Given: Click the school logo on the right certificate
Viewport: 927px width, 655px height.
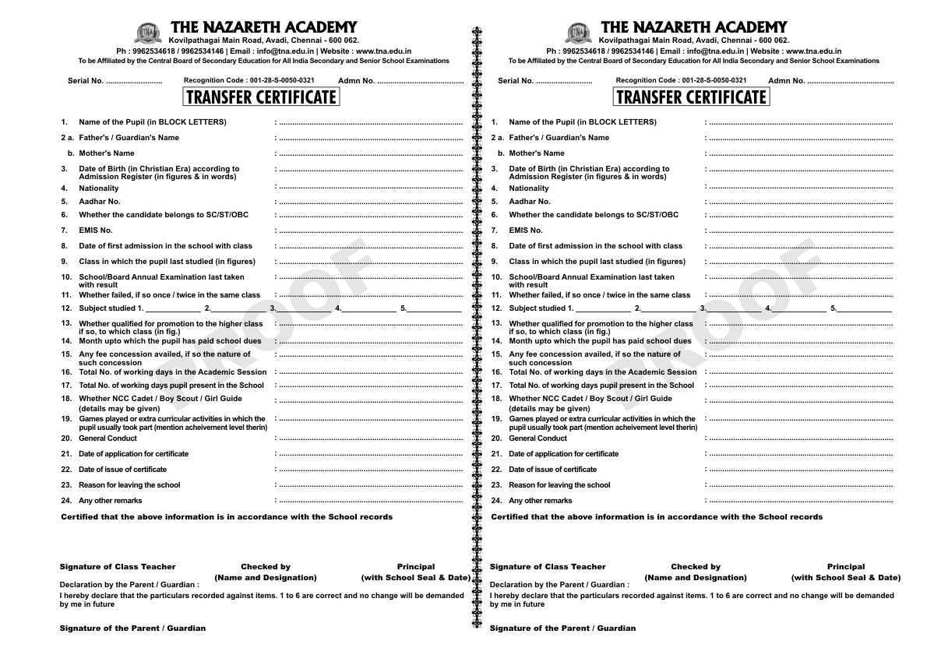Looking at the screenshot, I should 577,33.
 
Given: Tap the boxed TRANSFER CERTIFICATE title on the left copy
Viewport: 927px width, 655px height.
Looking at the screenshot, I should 261,97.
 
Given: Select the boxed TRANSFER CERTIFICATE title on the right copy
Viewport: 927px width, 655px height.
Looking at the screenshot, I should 691,97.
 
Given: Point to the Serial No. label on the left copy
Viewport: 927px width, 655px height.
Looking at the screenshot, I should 86,81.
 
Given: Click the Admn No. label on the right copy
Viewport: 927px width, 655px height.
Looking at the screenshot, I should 786,81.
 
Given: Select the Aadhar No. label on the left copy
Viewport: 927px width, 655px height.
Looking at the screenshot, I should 100,201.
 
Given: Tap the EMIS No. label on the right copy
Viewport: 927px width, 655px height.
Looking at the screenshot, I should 526,230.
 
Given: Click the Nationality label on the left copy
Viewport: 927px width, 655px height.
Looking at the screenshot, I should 99,188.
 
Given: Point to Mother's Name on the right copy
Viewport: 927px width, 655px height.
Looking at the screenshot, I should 537,153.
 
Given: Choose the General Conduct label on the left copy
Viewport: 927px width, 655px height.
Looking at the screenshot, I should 108,438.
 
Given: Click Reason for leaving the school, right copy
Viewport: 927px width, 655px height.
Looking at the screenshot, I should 559,485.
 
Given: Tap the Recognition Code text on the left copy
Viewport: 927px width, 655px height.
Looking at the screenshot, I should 249,80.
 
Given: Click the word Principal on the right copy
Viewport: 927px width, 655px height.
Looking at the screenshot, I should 846,566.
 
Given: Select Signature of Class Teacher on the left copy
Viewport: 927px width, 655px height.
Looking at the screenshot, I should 118,566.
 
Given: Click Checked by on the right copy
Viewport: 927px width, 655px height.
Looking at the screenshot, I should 696,566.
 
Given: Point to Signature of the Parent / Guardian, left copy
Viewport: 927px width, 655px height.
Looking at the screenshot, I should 132,628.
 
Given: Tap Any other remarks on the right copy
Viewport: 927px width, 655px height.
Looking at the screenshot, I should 540,501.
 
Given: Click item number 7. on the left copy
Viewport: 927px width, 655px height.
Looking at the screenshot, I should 65,230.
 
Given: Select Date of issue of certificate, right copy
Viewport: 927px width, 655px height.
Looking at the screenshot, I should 553,470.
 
